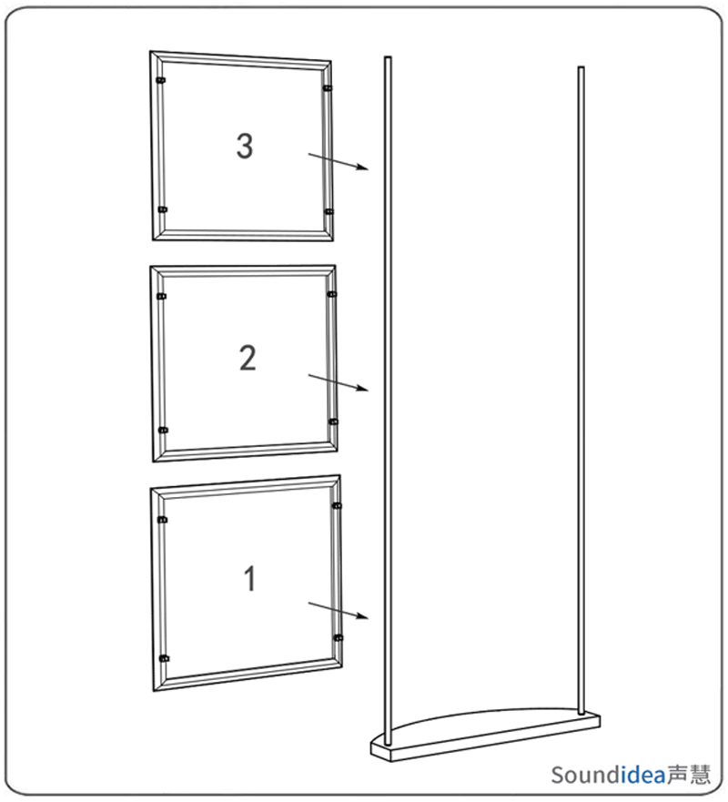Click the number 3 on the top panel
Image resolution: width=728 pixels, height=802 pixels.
click(245, 147)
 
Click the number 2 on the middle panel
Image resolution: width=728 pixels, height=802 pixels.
click(248, 358)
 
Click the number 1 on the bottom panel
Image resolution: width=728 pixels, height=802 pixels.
click(249, 579)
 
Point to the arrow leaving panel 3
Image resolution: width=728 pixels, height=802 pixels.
click(338, 161)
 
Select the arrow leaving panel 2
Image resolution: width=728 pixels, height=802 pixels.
click(338, 382)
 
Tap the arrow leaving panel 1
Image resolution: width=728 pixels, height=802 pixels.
click(338, 611)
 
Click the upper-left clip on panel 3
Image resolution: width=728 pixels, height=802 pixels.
click(160, 80)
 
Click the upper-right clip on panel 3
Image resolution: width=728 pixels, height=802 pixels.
click(328, 88)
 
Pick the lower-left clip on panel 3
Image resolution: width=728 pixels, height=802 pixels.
click(163, 209)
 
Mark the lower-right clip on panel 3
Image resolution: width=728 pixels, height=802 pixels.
click(329, 212)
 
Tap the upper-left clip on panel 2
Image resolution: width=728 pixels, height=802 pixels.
click(162, 296)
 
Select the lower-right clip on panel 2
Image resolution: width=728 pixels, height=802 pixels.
click(333, 422)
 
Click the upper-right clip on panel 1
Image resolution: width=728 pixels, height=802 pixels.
click(337, 506)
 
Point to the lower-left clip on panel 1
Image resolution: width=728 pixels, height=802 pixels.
click(164, 658)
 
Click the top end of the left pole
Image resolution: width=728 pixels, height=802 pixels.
click(388, 57)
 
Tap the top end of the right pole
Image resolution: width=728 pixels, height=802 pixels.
click(581, 67)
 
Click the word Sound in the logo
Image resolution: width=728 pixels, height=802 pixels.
click(586, 775)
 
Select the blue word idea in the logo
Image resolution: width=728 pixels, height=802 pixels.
click(643, 775)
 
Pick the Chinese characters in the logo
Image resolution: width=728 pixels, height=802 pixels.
click(689, 775)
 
